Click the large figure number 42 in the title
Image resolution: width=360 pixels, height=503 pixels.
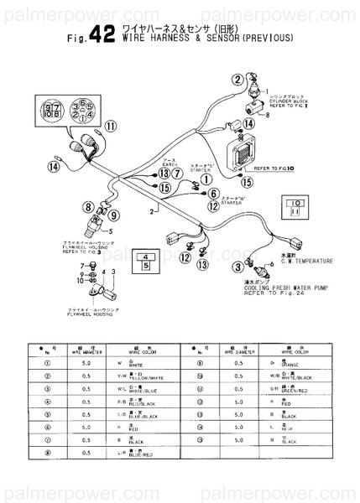point(102,34)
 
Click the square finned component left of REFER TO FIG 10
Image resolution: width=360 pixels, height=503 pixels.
point(250,153)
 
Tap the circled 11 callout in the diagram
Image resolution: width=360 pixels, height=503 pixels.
point(111,127)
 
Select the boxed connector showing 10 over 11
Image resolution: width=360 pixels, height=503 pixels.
point(297,207)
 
